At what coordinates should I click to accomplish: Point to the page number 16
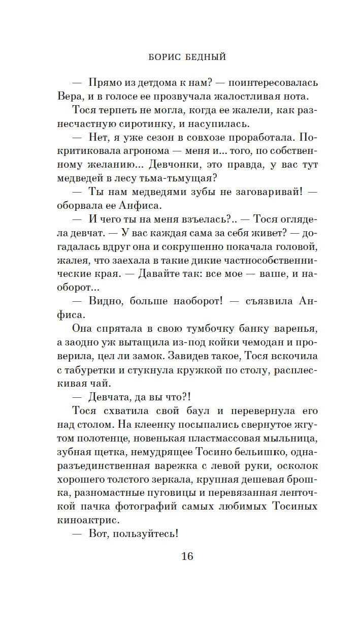[187, 556]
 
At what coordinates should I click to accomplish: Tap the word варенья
[289, 329]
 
